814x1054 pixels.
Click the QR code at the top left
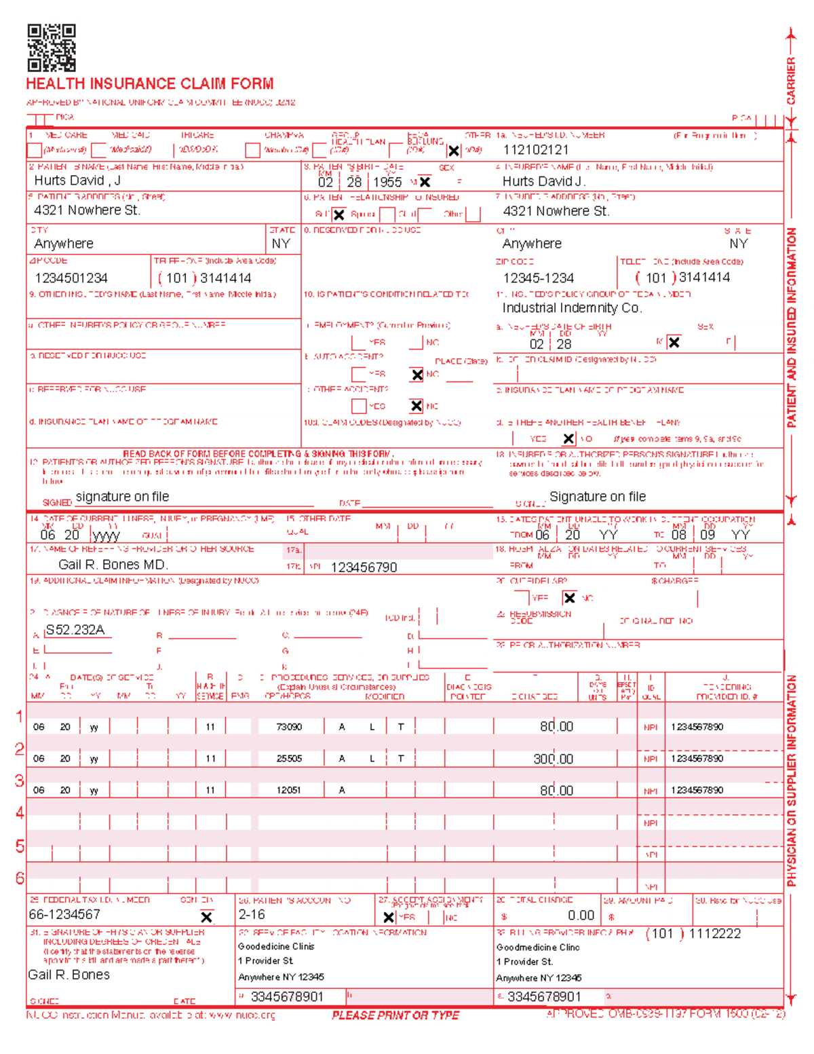tap(52, 48)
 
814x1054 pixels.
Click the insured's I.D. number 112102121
tap(536, 150)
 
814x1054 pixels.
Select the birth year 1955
tap(387, 182)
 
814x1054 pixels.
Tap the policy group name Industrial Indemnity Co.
tap(572, 308)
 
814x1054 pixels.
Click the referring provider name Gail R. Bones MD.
tap(113, 565)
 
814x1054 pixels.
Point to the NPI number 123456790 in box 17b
tap(364, 567)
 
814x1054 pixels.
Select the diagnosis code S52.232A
tap(75, 630)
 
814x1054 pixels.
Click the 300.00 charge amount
tap(553, 759)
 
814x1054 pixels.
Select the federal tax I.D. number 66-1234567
tap(64, 915)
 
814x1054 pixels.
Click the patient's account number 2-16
tap(252, 915)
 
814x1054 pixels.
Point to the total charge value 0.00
tap(581, 916)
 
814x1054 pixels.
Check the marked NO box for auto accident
tap(416, 375)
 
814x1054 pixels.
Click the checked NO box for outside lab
tap(569, 598)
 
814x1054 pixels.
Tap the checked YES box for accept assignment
tap(389, 918)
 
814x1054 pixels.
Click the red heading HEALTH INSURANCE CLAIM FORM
tap(150, 84)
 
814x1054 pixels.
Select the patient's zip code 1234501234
tap(71, 278)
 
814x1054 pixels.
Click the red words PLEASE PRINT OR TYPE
tap(395, 1015)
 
